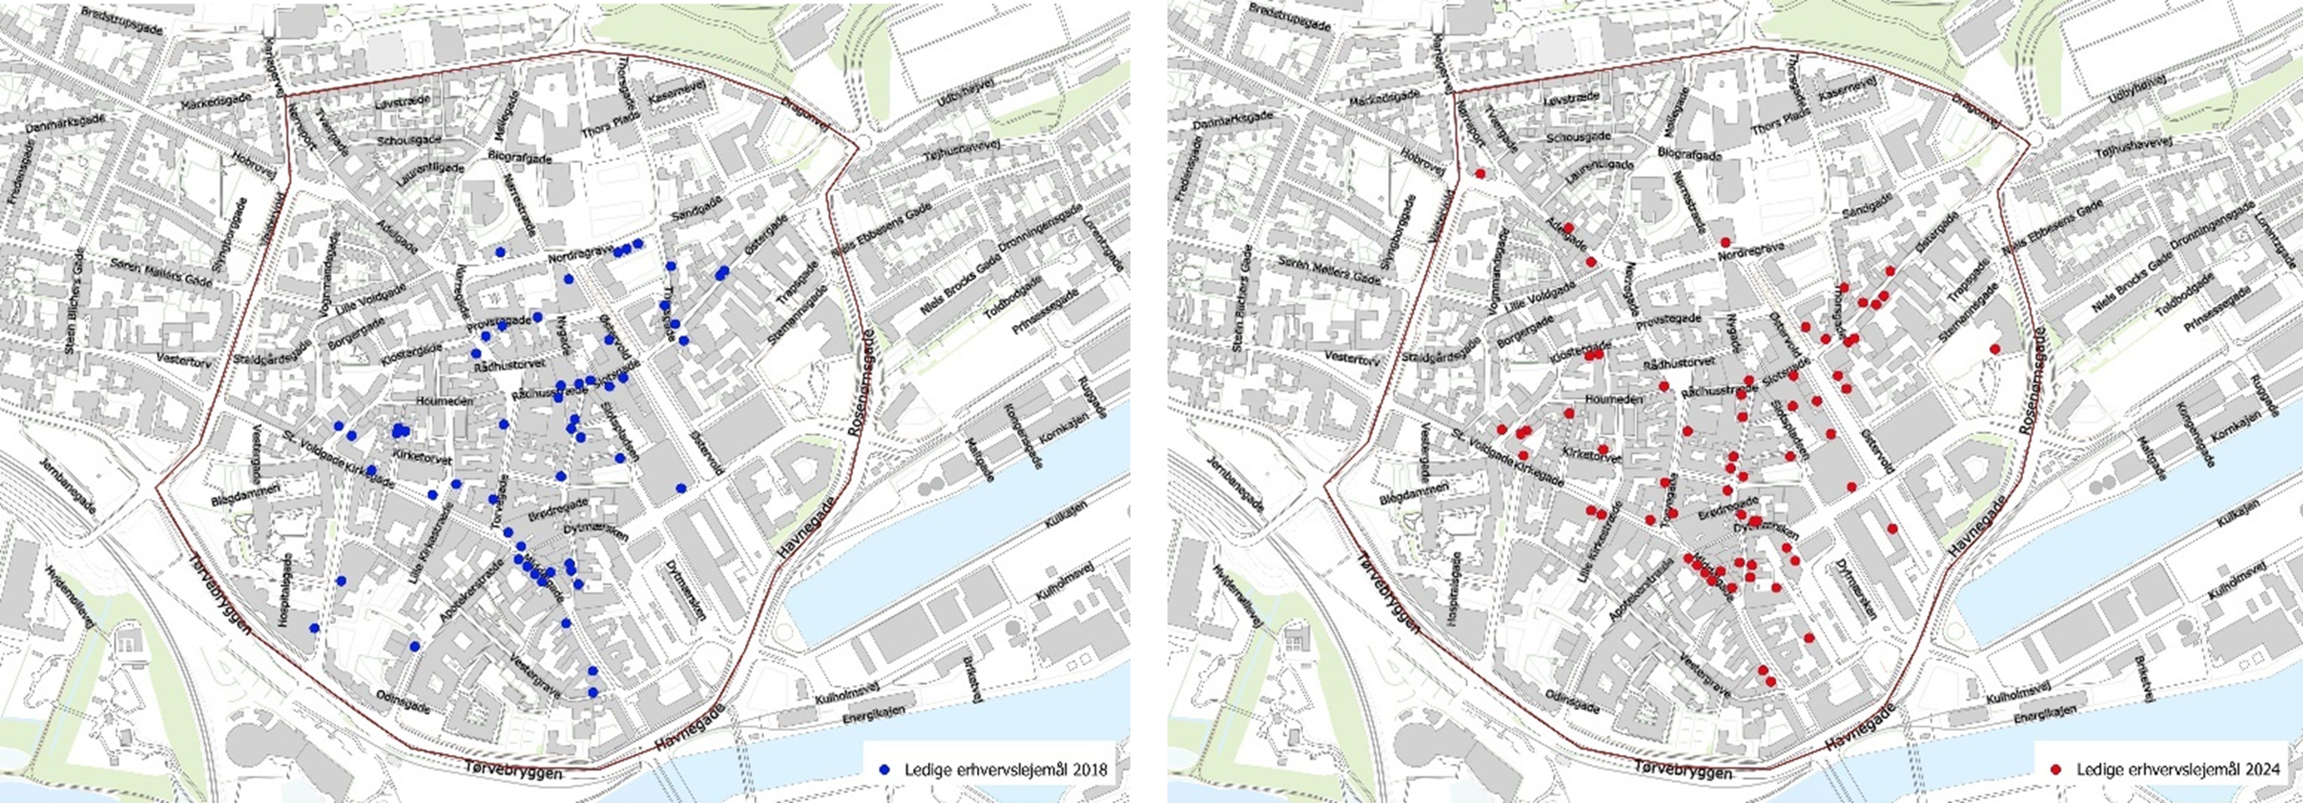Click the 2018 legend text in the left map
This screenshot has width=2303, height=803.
tap(1005, 770)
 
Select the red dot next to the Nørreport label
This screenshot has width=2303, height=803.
tap(1480, 174)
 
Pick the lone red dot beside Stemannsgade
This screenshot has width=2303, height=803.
tap(1995, 348)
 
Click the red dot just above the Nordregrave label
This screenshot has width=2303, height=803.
tap(1725, 242)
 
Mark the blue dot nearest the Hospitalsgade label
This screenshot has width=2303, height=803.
tap(314, 628)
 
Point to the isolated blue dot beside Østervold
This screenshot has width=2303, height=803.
tap(681, 488)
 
